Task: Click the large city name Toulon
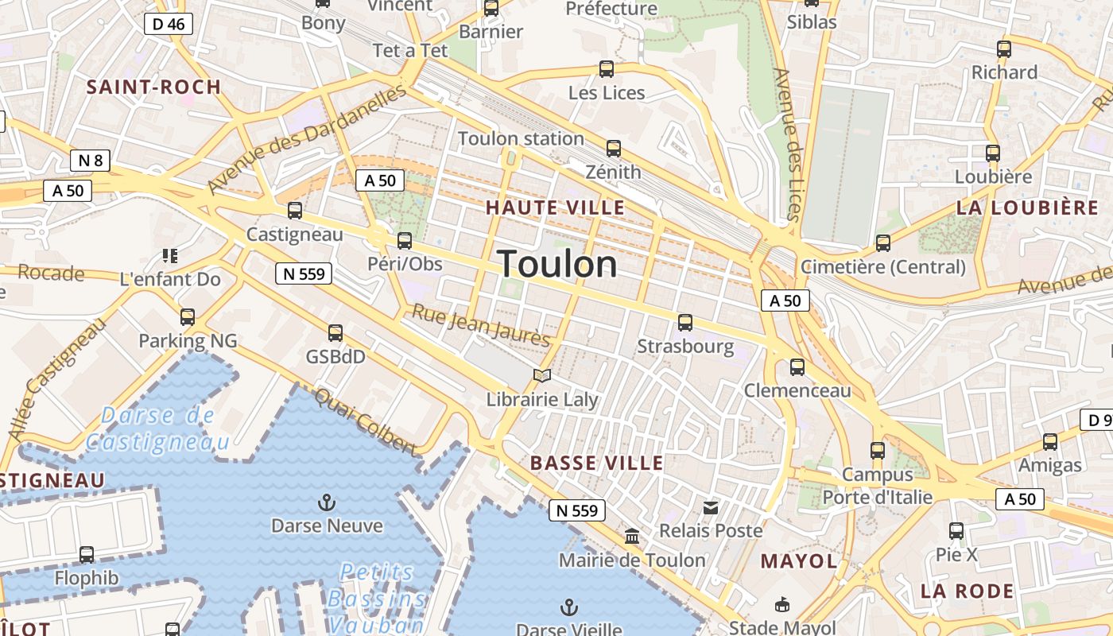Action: click(557, 264)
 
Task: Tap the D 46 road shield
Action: click(169, 24)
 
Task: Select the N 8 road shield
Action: click(90, 161)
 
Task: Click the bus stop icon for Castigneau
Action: click(295, 211)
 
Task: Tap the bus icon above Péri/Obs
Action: click(405, 241)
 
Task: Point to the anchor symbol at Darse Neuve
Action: click(326, 502)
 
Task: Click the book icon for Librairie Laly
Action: click(542, 375)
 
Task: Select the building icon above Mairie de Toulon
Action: click(632, 537)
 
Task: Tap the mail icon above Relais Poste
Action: click(711, 507)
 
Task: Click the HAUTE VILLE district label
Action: click(555, 207)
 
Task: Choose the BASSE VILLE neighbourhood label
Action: click(596, 463)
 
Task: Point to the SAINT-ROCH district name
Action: click(153, 87)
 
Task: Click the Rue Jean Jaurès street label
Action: click(480, 324)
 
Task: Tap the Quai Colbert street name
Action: click(366, 421)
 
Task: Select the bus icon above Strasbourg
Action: click(685, 323)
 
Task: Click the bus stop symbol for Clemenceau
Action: click(797, 367)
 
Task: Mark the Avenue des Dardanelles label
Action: click(308, 138)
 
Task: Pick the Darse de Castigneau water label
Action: click(157, 429)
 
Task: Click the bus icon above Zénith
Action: click(613, 149)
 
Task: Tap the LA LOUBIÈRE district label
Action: click(1027, 208)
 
